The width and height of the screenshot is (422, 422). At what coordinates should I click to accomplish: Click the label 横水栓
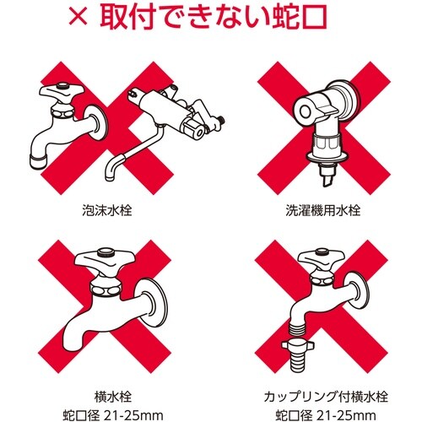click(x=105, y=393)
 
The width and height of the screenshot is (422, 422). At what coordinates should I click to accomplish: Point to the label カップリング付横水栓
click(x=316, y=393)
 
